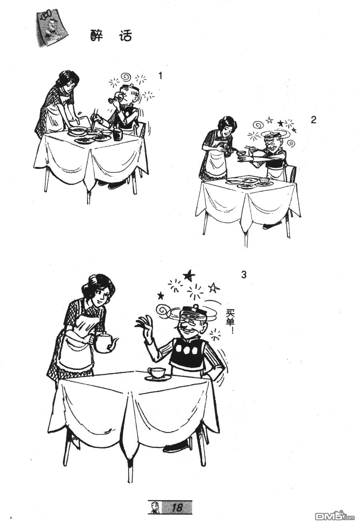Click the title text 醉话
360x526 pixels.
[x=111, y=36]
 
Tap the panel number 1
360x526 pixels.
[x=160, y=76]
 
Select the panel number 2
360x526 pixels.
[x=313, y=120]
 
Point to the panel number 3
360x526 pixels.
[x=244, y=275]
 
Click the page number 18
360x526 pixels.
[x=176, y=508]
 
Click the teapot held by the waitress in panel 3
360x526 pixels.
[x=105, y=343]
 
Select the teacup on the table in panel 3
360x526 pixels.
[x=157, y=373]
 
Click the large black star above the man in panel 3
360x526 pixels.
[x=188, y=275]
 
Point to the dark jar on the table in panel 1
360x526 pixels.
[x=118, y=135]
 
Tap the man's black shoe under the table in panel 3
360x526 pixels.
[x=175, y=446]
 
